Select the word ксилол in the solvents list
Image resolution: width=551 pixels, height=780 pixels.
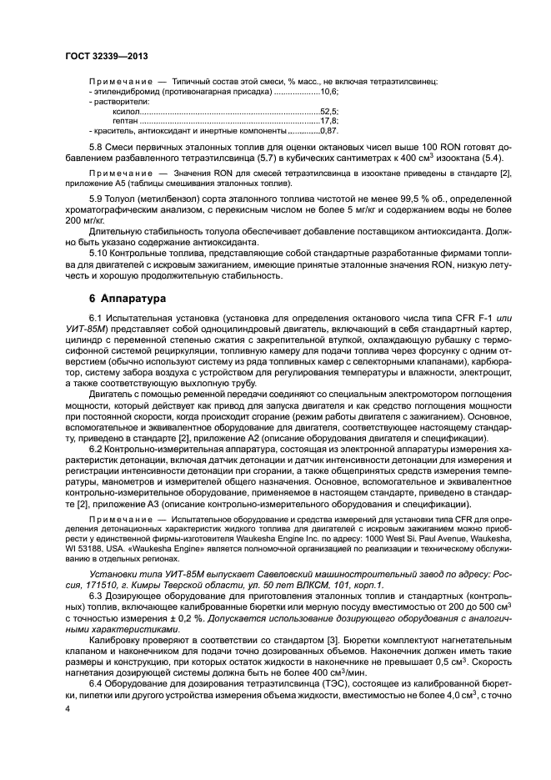pyautogui.click(x=124, y=111)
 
